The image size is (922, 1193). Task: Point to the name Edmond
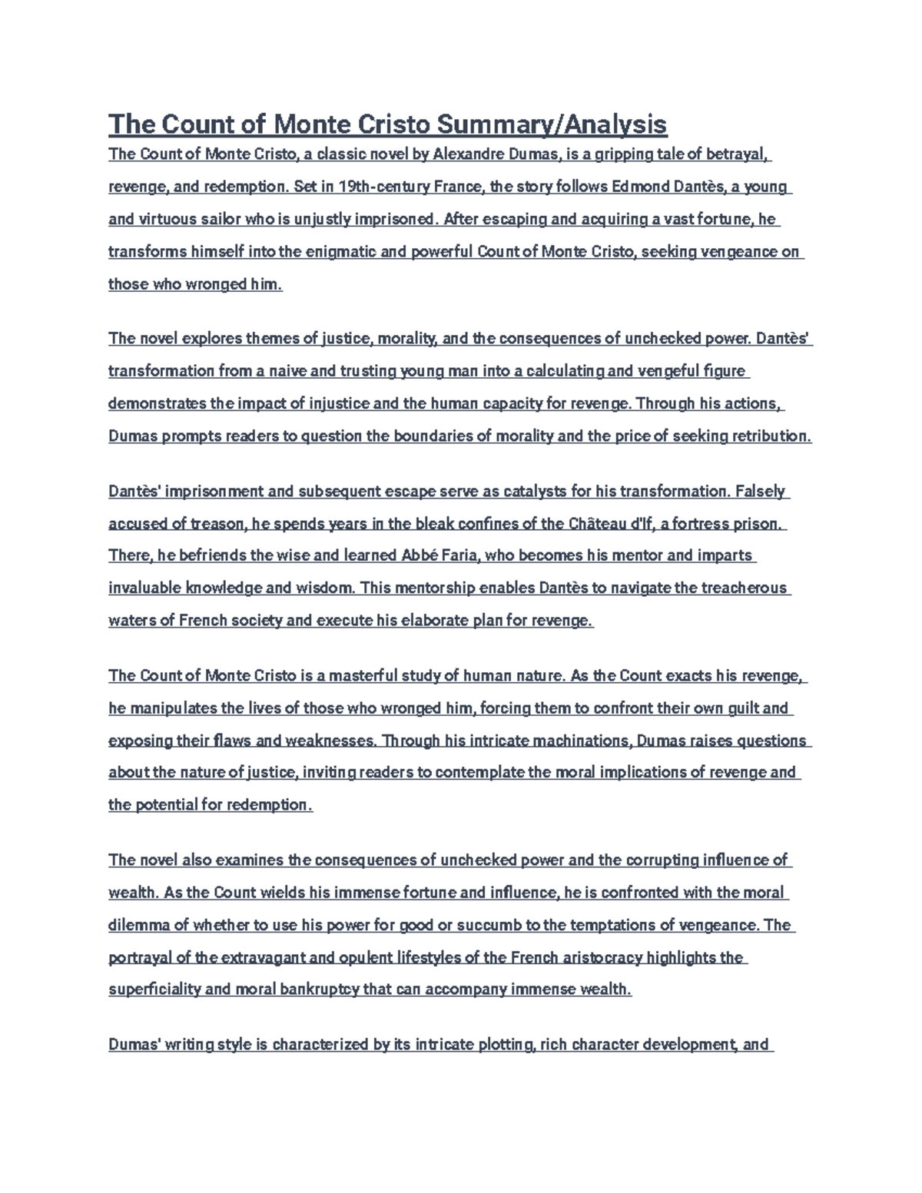(628, 187)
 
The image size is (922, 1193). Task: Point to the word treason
(217, 524)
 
